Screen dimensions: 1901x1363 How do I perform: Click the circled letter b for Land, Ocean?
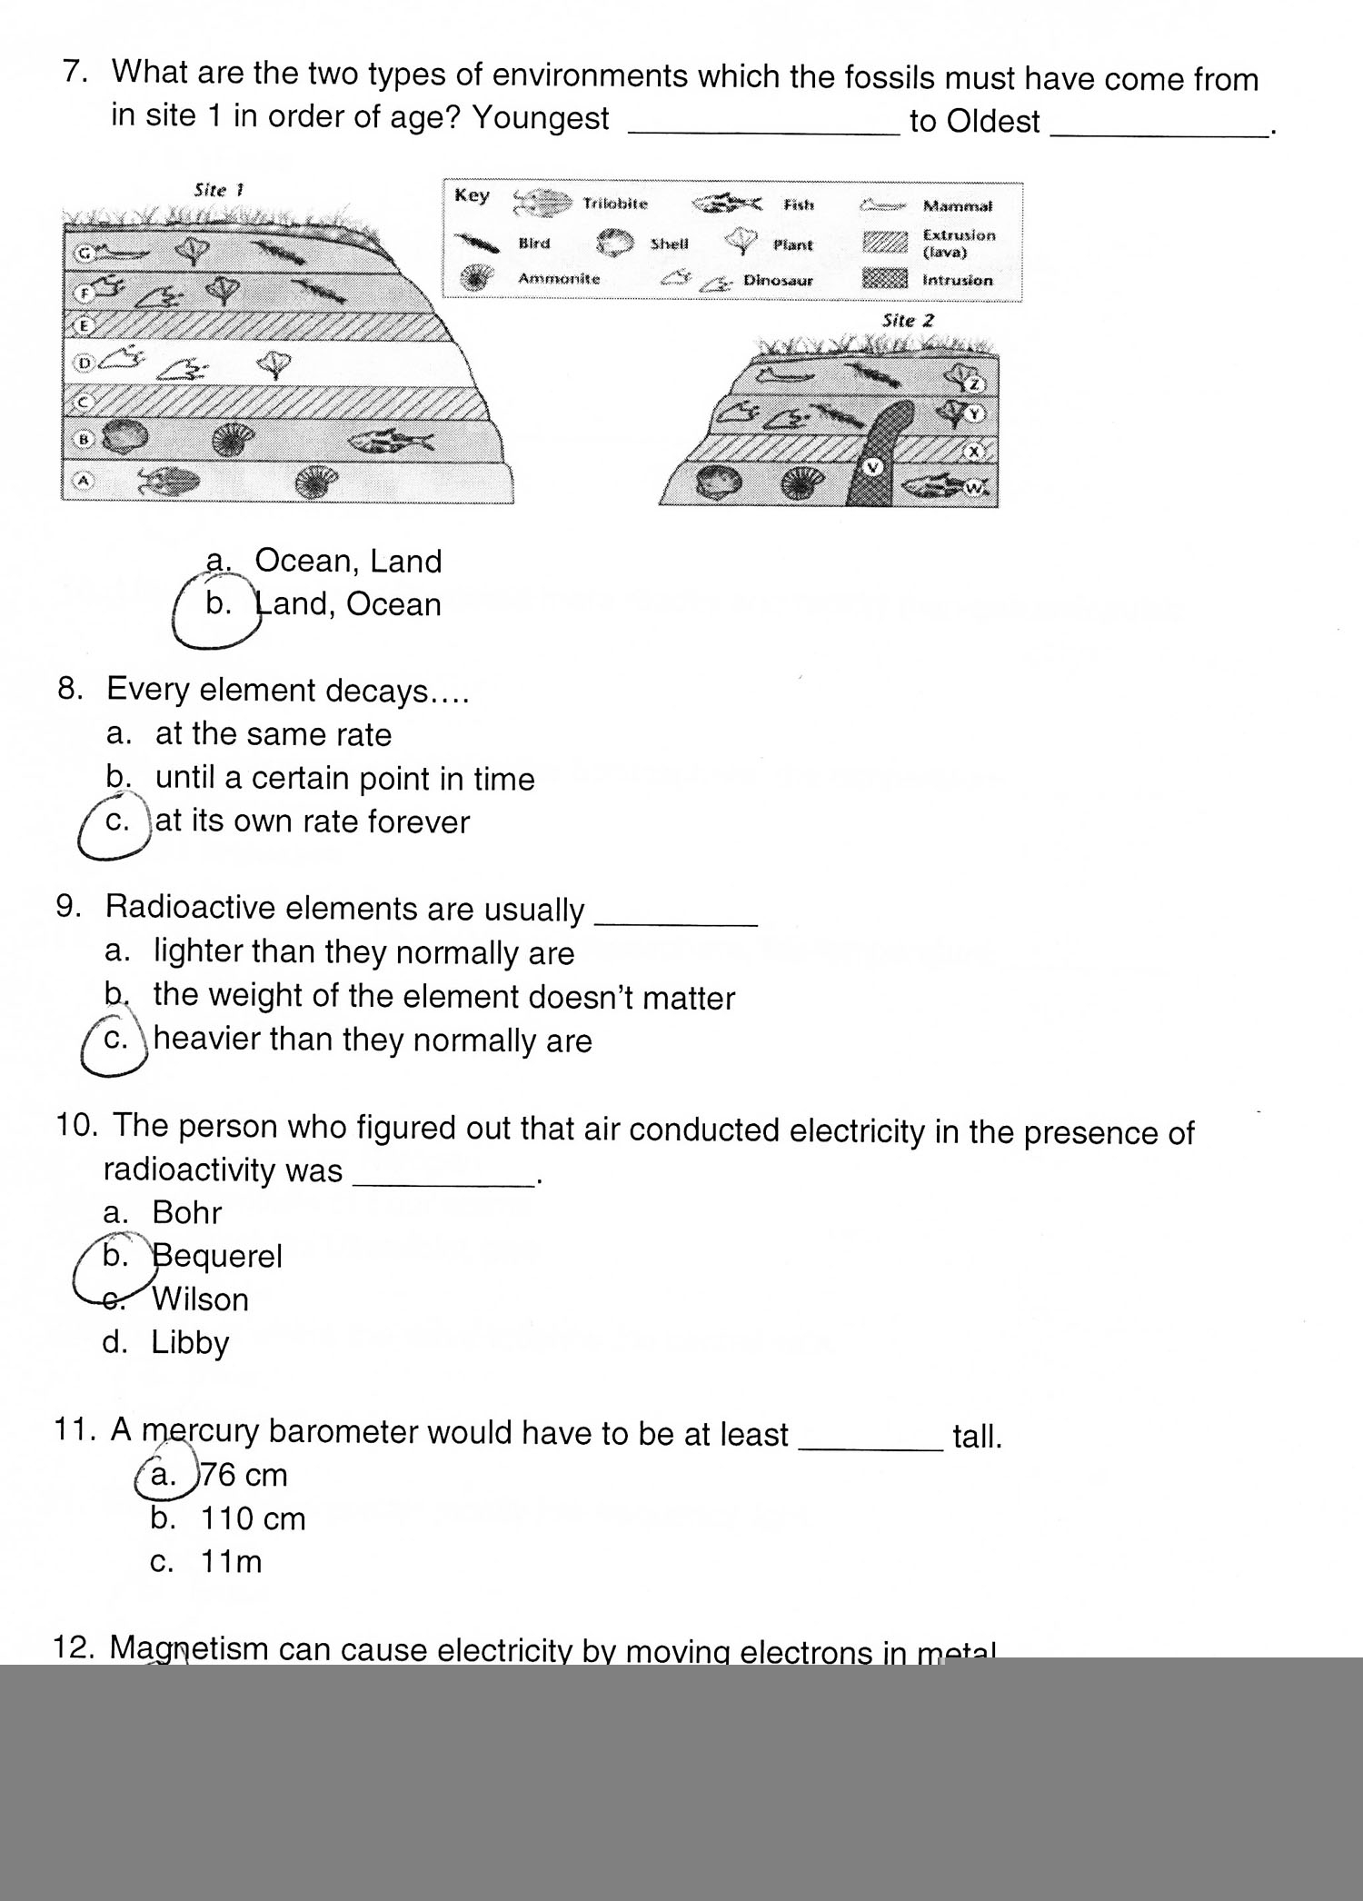(218, 605)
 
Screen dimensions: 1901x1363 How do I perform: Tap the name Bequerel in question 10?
(217, 1256)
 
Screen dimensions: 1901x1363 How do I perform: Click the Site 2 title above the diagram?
(908, 321)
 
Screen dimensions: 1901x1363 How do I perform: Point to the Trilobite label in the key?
(615, 204)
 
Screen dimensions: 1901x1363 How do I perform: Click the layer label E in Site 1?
(84, 324)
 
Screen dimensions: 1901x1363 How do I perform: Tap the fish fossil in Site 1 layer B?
(391, 442)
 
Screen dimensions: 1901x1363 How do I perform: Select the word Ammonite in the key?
(559, 279)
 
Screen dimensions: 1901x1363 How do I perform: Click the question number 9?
(69, 906)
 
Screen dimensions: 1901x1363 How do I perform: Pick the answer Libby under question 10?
(190, 1342)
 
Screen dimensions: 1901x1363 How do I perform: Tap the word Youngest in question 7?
(541, 118)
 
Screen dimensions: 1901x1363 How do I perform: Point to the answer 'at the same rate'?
(274, 734)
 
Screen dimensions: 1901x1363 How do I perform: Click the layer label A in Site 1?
(84, 481)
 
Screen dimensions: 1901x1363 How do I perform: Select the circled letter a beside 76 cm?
(164, 1475)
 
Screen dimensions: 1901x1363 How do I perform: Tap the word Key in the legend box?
(472, 195)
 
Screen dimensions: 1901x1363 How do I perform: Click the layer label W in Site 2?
(973, 488)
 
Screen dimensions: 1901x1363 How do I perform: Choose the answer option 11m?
(231, 1562)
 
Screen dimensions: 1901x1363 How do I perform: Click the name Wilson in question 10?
(200, 1299)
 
